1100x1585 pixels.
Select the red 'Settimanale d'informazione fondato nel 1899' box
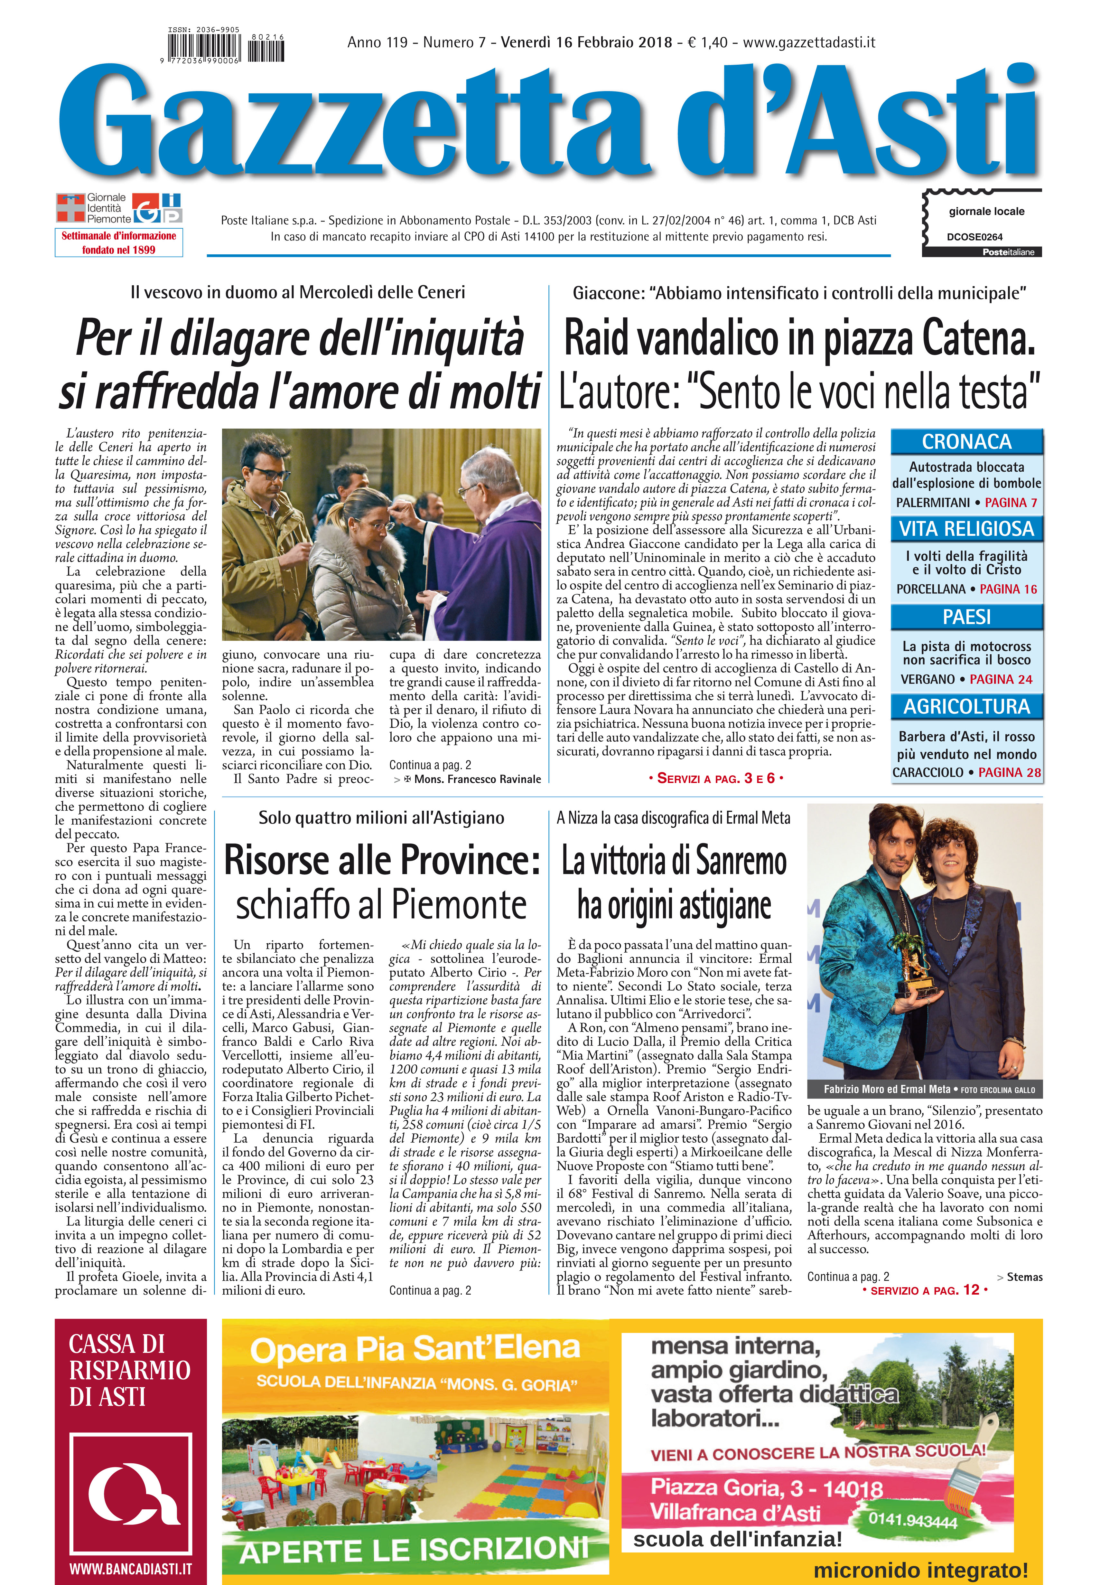click(x=118, y=243)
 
